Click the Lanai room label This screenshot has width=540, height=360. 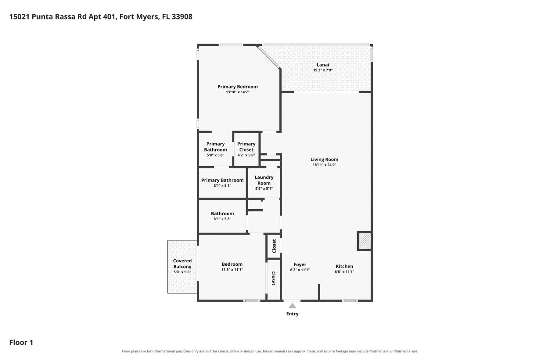point(323,65)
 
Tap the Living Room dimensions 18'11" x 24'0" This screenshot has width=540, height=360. point(324,165)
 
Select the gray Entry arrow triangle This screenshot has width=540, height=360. point(292,306)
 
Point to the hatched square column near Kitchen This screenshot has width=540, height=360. point(364,241)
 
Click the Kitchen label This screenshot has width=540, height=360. point(344,266)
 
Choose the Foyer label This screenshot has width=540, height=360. point(300,265)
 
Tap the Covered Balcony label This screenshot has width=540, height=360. point(182,264)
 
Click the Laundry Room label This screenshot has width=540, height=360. point(264,180)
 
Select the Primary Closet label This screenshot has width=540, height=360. point(246,147)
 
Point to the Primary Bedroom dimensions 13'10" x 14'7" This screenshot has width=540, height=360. point(237,92)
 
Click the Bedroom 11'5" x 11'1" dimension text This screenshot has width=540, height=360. point(232,270)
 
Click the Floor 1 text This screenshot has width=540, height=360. point(21,342)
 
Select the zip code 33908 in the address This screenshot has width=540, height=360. point(182,17)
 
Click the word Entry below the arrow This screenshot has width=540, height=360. point(292,314)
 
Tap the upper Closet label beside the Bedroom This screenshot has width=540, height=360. point(274,246)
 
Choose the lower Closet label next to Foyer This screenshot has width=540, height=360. point(273,278)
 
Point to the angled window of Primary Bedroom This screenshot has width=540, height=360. point(268,57)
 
